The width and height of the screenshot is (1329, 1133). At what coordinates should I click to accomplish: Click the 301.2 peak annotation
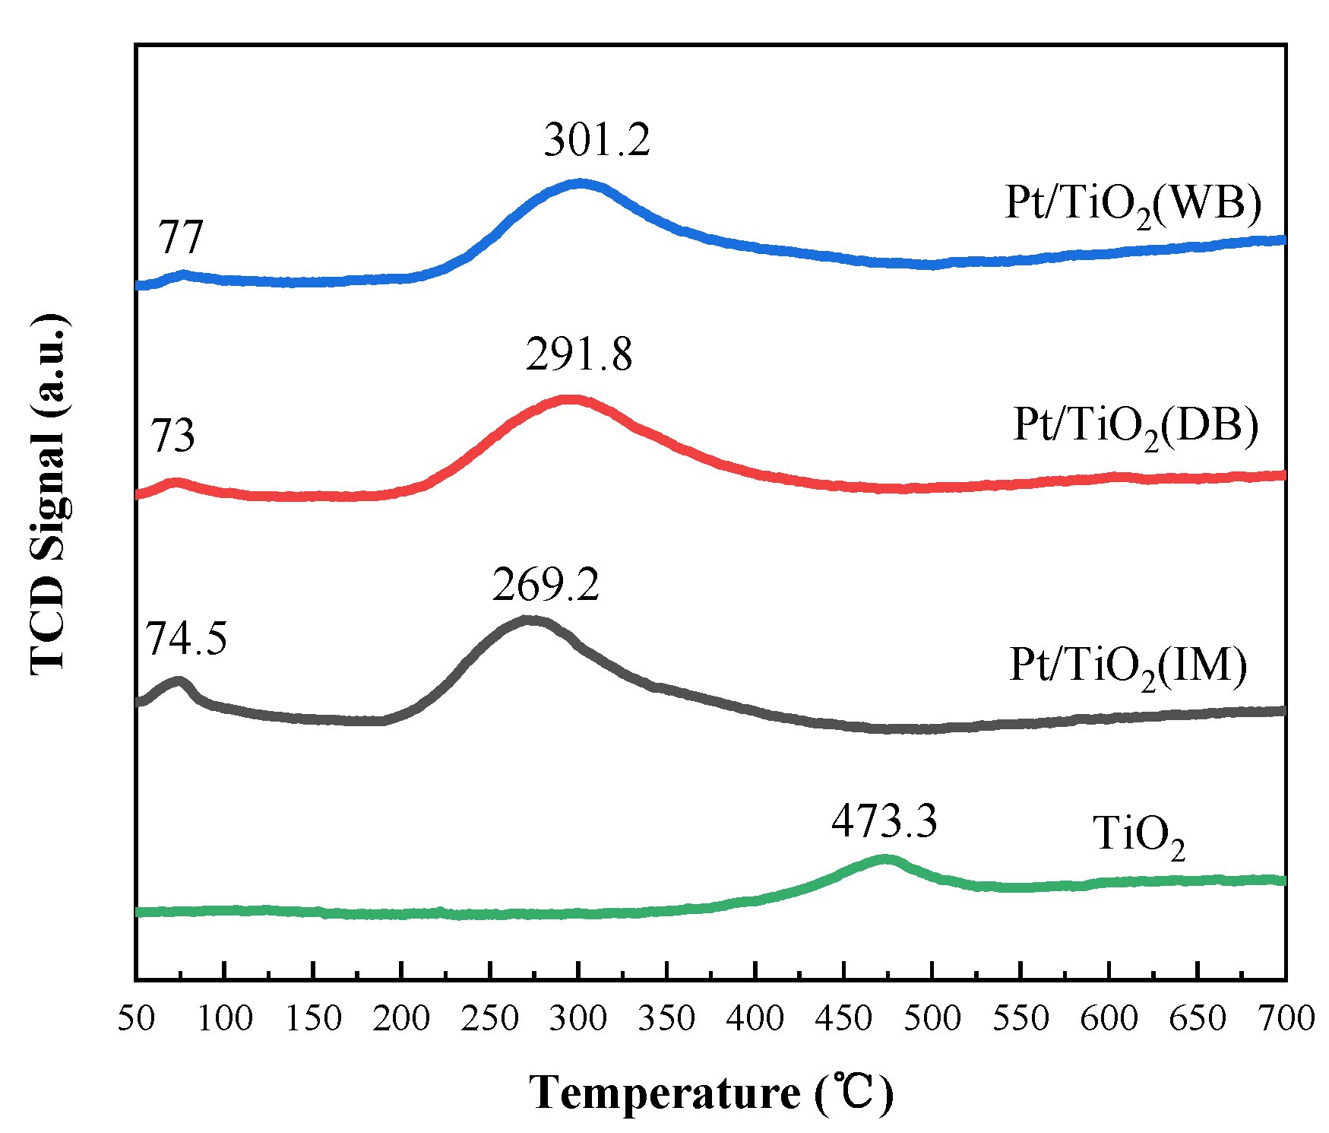597,141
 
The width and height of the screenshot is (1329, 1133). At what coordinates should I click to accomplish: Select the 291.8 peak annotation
579,355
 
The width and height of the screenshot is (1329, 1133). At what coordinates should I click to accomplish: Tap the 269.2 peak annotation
546,586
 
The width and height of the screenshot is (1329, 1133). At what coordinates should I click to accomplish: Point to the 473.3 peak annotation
884,822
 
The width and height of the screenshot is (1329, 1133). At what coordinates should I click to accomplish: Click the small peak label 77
181,238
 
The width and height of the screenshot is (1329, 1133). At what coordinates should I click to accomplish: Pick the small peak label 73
172,436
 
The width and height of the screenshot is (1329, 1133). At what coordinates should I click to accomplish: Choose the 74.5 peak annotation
186,638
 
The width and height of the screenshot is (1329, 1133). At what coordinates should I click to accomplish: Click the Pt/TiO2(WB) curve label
1133,204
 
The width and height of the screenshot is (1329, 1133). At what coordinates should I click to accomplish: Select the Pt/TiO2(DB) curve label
1135,426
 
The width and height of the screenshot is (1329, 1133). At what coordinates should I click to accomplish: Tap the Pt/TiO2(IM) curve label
1128,666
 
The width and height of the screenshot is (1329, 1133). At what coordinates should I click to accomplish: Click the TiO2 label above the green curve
1138,836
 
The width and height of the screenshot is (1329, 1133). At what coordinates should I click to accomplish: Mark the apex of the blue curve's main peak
581,183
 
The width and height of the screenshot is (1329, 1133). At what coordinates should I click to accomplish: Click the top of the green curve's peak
885,859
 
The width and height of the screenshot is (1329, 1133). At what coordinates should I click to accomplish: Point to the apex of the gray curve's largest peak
529,620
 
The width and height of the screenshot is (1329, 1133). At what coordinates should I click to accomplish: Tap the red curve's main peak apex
569,398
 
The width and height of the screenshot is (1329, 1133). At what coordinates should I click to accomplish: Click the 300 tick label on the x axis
579,1019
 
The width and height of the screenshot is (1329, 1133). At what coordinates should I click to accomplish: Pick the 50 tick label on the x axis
137,1019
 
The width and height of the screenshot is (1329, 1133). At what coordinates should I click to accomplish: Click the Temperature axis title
711,1093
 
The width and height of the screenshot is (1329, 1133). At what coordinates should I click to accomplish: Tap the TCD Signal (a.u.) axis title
49,494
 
